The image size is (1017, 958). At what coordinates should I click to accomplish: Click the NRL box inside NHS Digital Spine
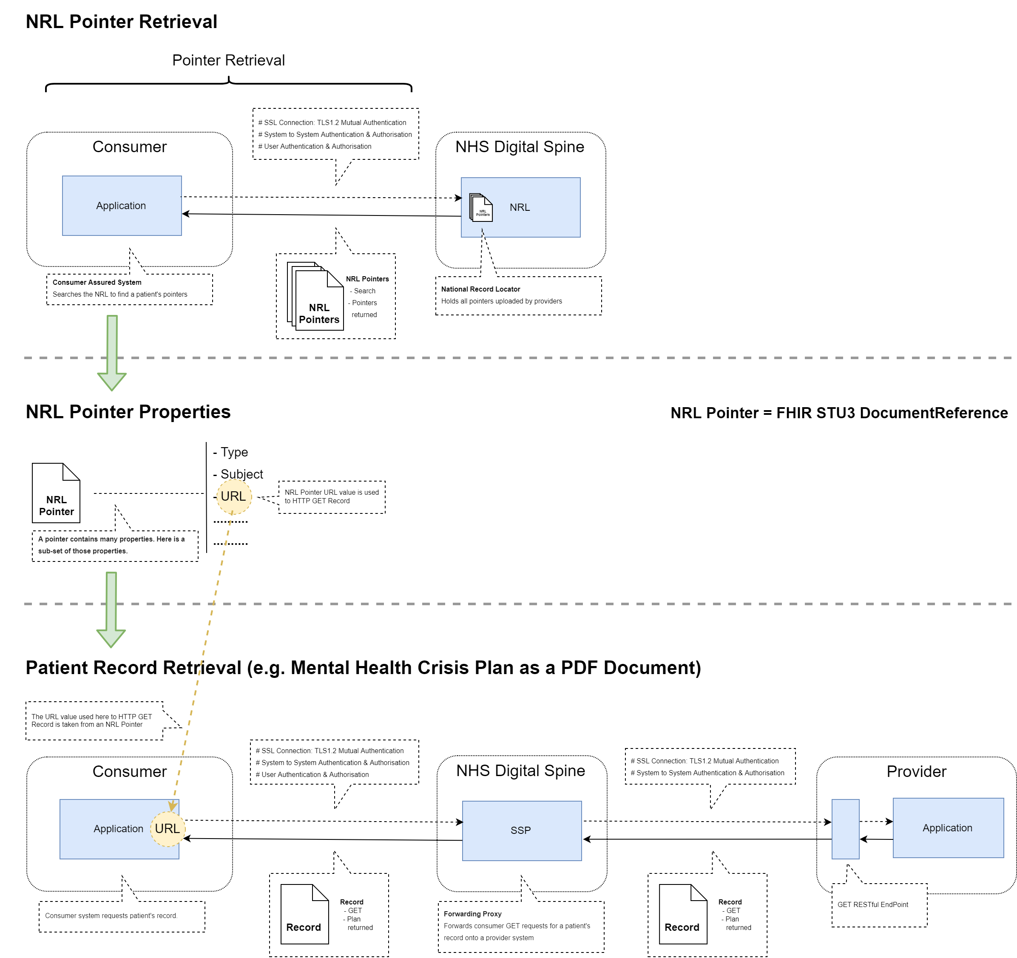point(532,207)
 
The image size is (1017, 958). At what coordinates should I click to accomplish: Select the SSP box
point(521,830)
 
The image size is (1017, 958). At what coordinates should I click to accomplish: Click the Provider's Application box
point(947,828)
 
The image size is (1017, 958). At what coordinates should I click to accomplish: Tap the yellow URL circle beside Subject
point(234,496)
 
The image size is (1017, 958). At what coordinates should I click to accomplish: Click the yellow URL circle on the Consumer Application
point(167,829)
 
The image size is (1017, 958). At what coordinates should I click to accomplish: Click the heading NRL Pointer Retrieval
point(121,22)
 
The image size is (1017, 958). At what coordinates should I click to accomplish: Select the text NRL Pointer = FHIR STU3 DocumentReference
point(838,413)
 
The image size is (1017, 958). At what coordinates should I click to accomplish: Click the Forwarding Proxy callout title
point(472,913)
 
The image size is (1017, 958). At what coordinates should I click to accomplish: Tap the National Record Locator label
point(480,289)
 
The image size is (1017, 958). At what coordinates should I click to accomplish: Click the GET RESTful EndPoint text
point(872,904)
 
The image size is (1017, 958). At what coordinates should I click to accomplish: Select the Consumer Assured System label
point(97,282)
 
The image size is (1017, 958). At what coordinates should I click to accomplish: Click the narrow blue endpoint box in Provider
point(845,829)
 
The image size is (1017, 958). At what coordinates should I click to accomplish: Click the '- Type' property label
point(231,452)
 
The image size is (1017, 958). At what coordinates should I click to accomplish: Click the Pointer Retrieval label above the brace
point(228,60)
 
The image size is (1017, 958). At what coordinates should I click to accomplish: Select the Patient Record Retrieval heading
point(363,667)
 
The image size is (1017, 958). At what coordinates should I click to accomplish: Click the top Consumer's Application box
point(122,206)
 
